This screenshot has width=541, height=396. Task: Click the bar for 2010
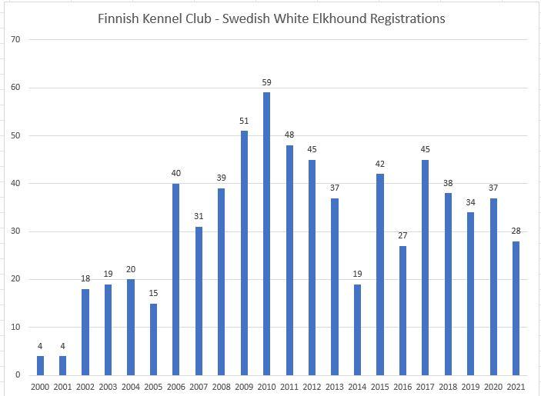(267, 234)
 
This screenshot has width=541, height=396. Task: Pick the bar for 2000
(40, 365)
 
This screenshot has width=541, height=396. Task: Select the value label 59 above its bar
(267, 82)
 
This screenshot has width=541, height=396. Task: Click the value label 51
(244, 121)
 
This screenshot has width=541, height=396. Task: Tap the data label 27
(403, 235)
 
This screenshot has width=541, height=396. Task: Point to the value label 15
(153, 293)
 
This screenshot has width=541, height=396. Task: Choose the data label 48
(289, 135)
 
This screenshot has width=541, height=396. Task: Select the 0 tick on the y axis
(16, 375)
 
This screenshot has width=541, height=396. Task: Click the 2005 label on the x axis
(153, 388)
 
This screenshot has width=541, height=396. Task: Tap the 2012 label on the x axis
(312, 388)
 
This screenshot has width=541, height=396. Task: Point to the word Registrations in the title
(405, 18)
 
